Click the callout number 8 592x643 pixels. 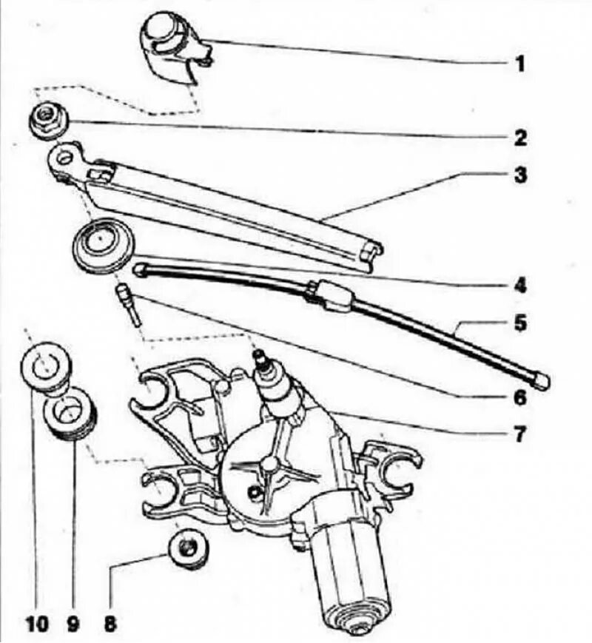[110, 624]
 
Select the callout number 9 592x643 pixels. [73, 624]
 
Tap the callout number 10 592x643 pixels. [37, 624]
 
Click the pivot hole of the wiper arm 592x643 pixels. [66, 158]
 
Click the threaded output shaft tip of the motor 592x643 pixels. [261, 360]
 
